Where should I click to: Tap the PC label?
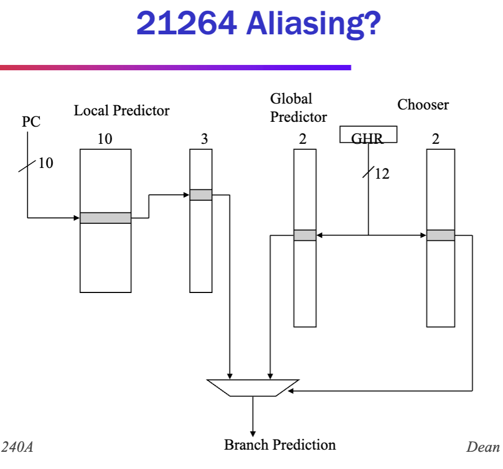coord(31,122)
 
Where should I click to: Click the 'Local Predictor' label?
coord(121,111)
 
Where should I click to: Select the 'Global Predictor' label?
coord(298,107)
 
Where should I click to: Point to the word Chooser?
coord(423,105)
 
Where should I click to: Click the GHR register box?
coord(368,134)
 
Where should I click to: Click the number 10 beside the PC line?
coord(46,163)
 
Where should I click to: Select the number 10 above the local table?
coord(105,139)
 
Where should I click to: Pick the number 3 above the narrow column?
coord(204,139)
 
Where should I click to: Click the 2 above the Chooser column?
coord(435,139)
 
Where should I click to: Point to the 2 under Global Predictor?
coord(303,139)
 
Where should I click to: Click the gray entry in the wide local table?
coord(105,218)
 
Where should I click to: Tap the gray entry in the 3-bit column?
coord(201,195)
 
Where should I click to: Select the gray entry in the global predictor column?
coord(305,235)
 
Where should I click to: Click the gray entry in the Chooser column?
coord(441,235)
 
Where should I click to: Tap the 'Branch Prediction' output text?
coord(279,445)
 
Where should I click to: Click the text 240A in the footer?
coord(17,446)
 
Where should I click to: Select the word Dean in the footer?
coord(483,446)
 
